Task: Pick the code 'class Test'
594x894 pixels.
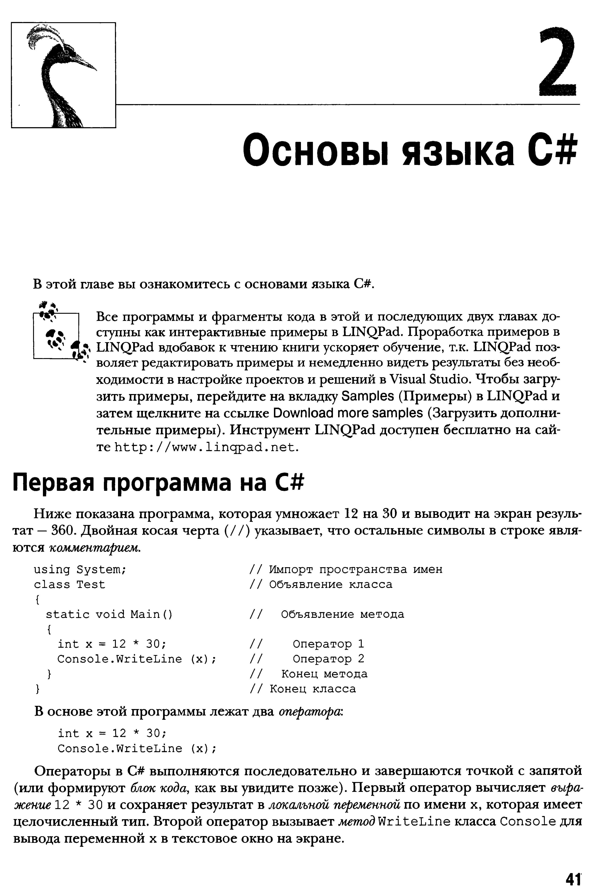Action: point(69,584)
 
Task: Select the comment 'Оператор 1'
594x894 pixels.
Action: point(328,644)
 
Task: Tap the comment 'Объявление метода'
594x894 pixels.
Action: point(342,614)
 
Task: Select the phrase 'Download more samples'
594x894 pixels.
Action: point(348,413)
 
